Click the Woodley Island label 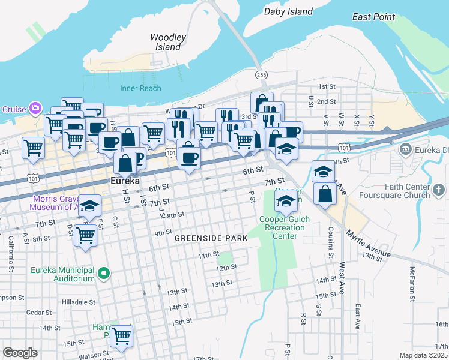point(168,42)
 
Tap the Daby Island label point(289,11)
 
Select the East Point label point(373,17)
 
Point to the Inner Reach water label point(140,88)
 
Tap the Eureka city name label point(125,181)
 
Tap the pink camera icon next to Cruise point(36,108)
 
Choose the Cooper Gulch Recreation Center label point(285,227)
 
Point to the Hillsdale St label point(82,302)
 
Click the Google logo point(20,353)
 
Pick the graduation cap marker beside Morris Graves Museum point(90,206)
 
